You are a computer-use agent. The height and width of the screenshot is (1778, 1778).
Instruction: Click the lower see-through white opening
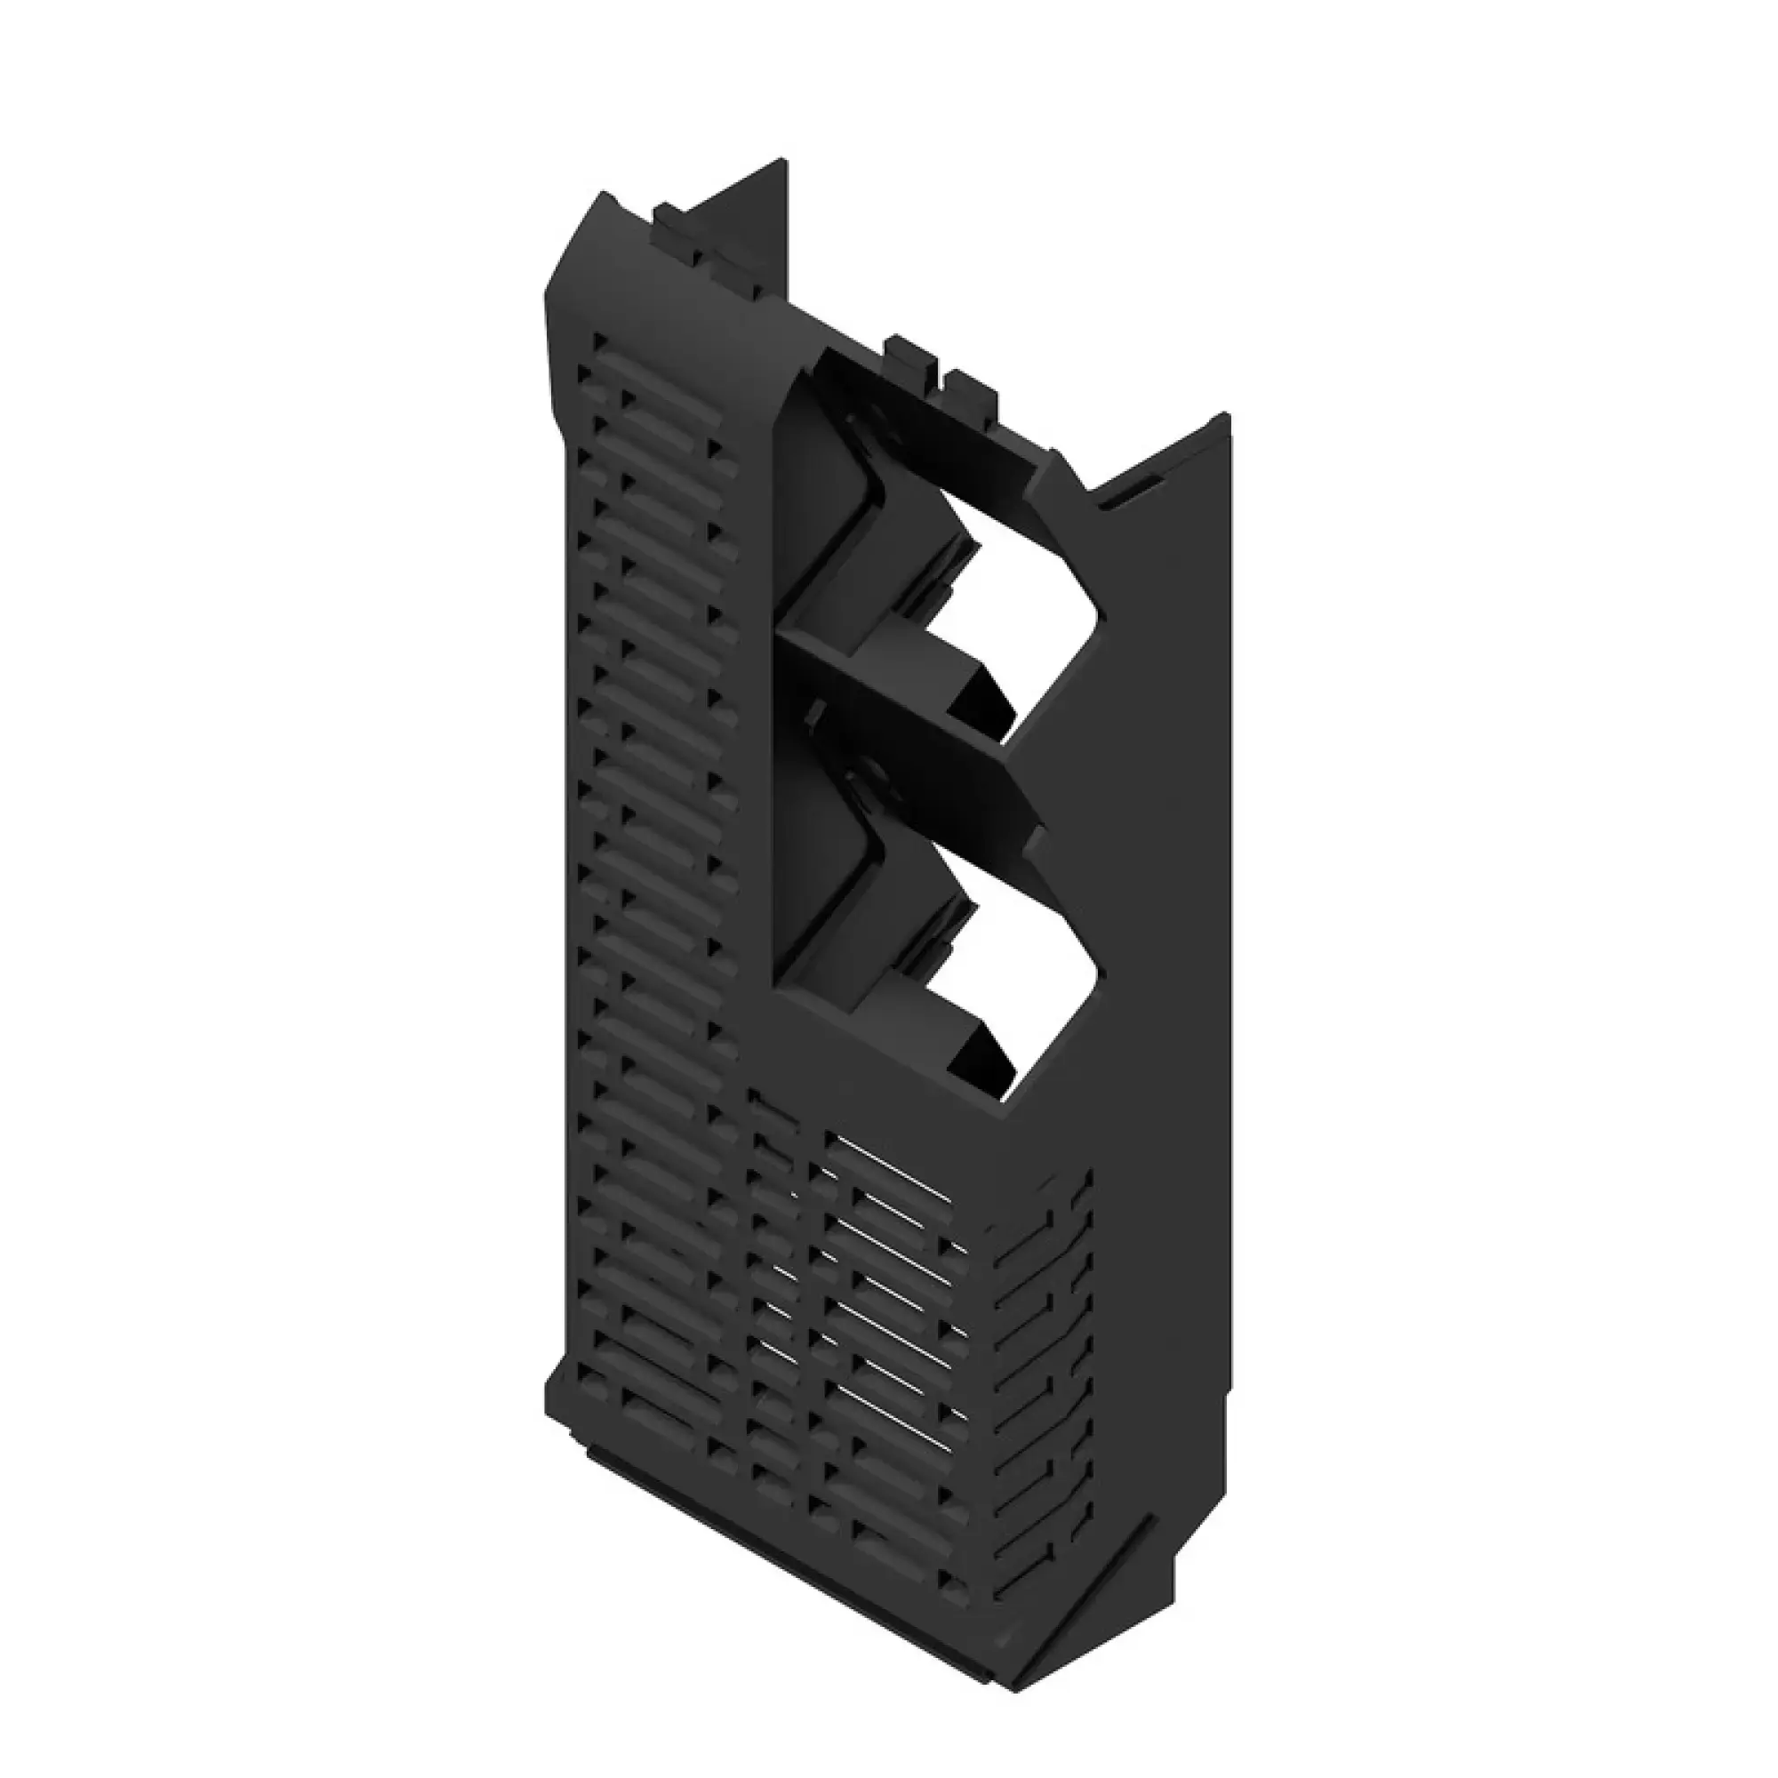[1030, 1003]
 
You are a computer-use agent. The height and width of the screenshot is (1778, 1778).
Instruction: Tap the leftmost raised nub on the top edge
[670, 220]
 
